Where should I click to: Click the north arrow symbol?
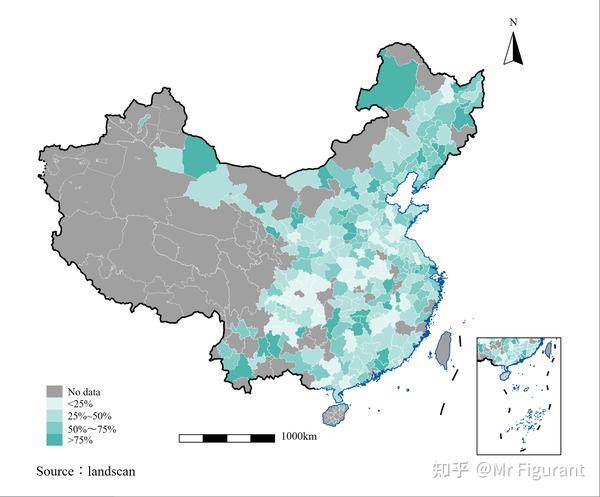514,47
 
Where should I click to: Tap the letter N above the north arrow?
513,21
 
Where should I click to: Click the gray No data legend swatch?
55,392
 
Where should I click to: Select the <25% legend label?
80,404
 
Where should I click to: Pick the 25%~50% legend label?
90,416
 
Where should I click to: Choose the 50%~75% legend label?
92,428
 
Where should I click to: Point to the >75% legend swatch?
55,440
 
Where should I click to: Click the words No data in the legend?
85,392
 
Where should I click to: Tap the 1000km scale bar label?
299,437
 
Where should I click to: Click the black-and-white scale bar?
227,438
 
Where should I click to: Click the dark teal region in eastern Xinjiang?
201,157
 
